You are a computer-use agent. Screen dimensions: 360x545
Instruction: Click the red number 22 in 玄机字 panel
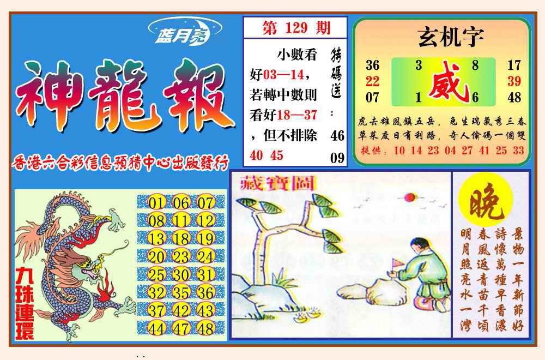[x=372, y=81]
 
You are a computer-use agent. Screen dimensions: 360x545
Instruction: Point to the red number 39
[x=514, y=81]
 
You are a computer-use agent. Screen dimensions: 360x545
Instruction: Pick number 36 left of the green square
[x=372, y=65]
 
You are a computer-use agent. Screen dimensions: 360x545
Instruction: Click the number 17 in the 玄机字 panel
[x=514, y=65]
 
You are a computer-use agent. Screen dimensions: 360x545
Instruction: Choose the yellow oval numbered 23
[x=181, y=256]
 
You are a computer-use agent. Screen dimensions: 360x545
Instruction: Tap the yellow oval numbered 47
[x=181, y=328]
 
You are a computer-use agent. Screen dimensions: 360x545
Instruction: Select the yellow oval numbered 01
[x=156, y=203]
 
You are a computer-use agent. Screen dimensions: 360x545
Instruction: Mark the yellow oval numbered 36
[x=206, y=292]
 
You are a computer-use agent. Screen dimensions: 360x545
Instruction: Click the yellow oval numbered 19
[x=206, y=238]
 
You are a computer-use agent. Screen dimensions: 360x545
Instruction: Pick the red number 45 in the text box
[x=277, y=155]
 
